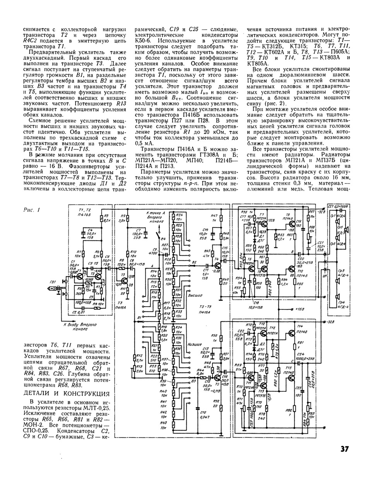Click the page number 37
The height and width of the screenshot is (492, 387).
coord(344,449)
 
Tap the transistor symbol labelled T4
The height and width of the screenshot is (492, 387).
coord(218,265)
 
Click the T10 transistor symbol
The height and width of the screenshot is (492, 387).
coord(290,270)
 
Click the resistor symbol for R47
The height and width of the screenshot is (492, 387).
coord(221,219)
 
